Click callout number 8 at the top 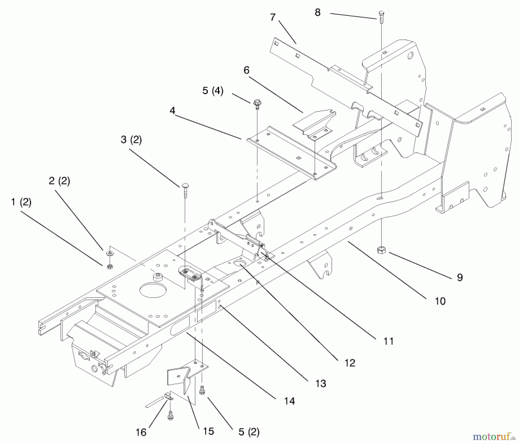click(317, 13)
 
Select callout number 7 click(273, 17)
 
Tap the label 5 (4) click(213, 91)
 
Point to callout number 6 click(246, 70)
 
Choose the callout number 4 click(172, 110)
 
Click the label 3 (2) click(131, 140)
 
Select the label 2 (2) click(59, 181)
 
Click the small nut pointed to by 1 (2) click(110, 267)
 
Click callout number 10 click(440, 301)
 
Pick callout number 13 click(321, 383)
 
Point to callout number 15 click(208, 431)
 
